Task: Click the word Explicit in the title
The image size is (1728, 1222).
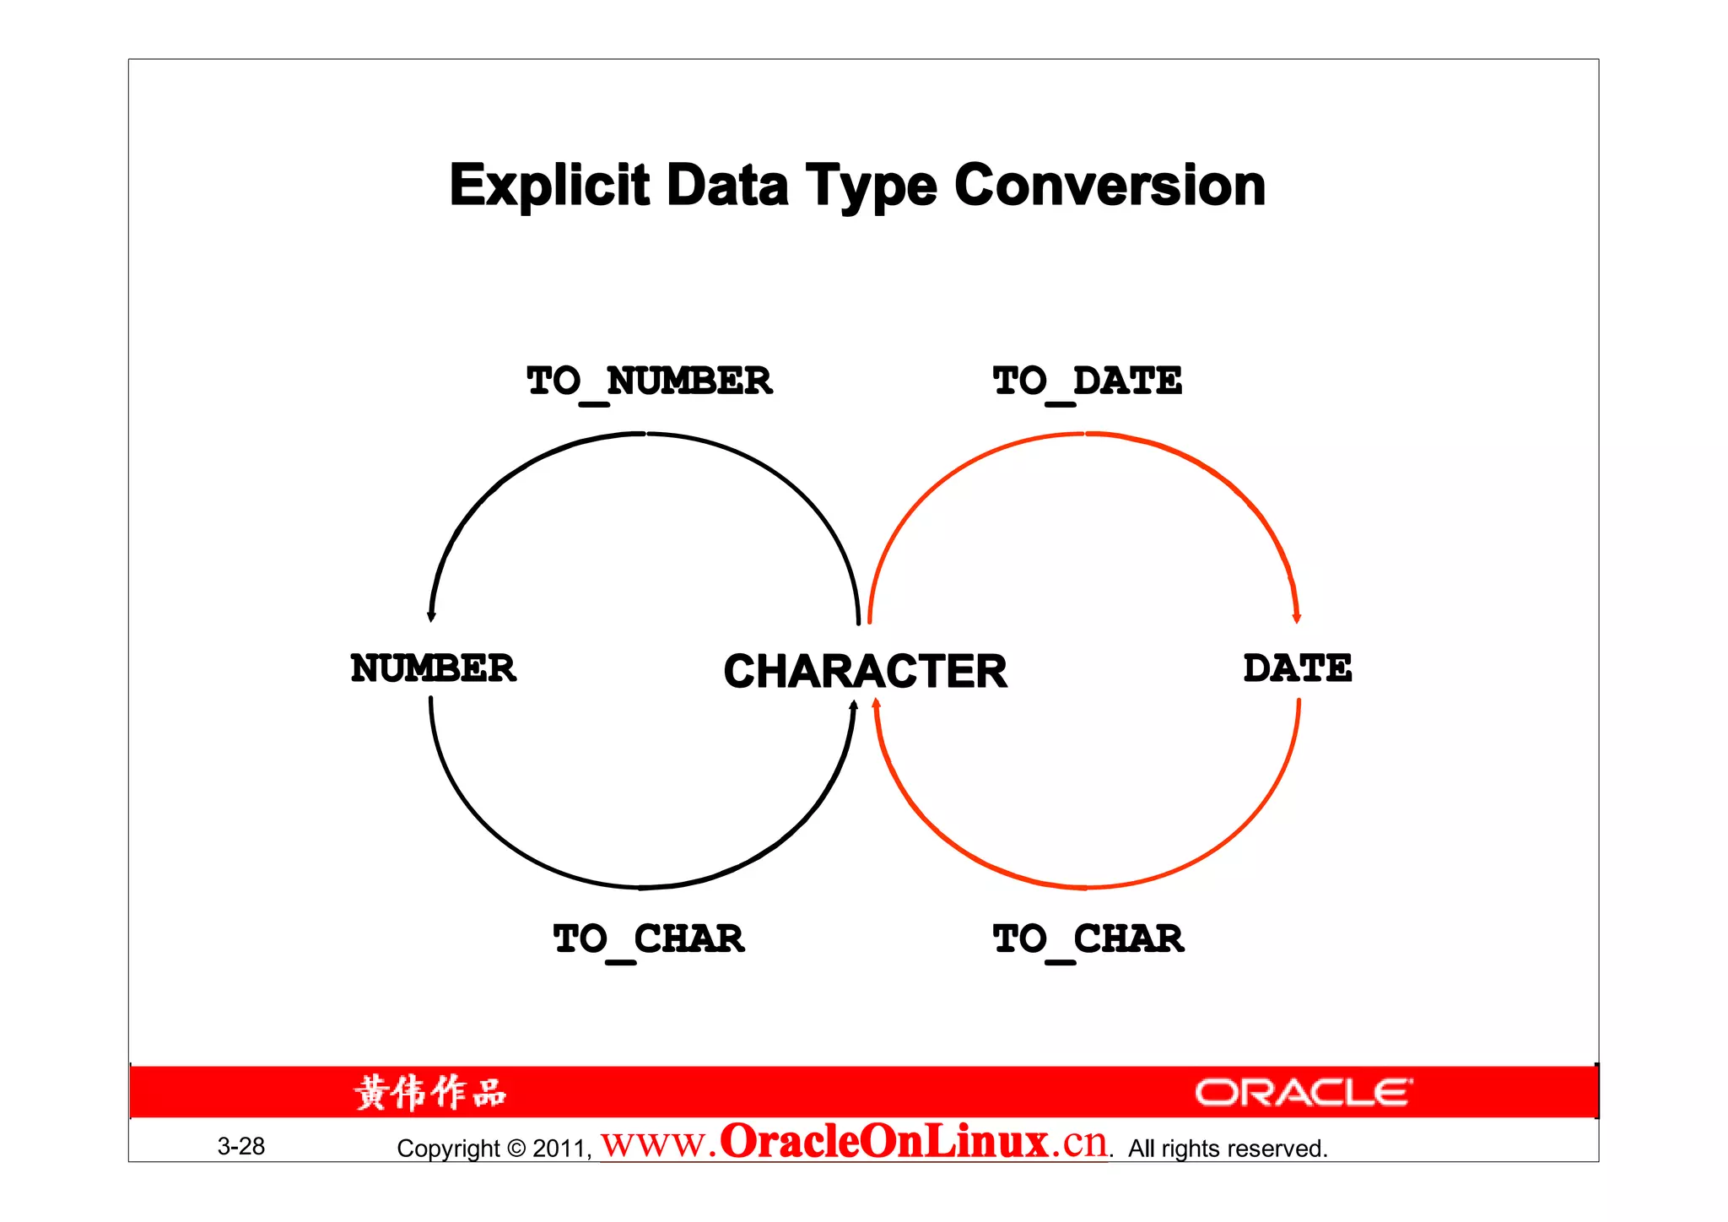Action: (x=549, y=186)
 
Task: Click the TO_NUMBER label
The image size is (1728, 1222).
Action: (x=649, y=381)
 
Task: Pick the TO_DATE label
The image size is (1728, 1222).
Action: (x=1087, y=381)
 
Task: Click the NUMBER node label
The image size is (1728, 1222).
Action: (x=433, y=668)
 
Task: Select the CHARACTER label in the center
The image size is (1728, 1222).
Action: (x=865, y=672)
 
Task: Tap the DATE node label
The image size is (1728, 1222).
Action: (x=1297, y=668)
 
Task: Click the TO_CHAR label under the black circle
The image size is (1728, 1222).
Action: (x=649, y=939)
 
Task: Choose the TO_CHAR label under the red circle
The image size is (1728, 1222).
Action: (x=1088, y=939)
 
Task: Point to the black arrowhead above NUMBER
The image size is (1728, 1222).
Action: (x=431, y=617)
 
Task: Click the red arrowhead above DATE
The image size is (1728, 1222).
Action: (x=1297, y=619)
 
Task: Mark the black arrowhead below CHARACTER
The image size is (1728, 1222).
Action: (x=854, y=706)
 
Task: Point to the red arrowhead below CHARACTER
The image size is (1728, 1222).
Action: (x=876, y=704)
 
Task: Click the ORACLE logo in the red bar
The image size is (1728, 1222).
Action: (x=1303, y=1093)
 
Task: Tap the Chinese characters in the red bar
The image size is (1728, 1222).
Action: (x=430, y=1093)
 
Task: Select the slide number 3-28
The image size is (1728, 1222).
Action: (x=241, y=1146)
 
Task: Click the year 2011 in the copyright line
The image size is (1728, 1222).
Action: (x=559, y=1149)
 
